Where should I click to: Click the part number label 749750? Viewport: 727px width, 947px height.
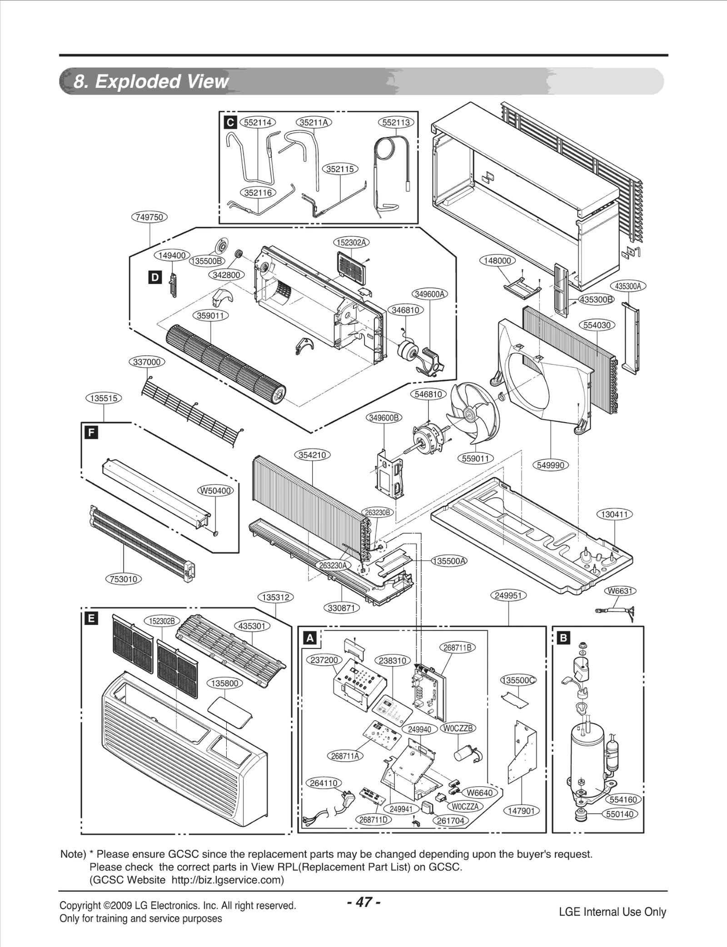coord(149,217)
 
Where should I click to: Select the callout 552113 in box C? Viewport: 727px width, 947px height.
coord(396,122)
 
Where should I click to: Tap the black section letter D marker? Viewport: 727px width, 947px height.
coord(155,277)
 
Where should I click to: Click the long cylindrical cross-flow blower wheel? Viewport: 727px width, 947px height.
coord(225,364)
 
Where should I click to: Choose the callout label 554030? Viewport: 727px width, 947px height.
coord(597,325)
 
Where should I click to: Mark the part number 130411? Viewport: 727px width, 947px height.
coord(614,514)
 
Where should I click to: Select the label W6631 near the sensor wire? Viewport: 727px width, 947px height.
coord(620,591)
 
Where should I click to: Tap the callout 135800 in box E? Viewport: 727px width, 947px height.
coord(225,683)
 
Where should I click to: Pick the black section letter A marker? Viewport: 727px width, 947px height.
coord(310,638)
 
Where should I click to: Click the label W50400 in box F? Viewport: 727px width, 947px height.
coord(215,491)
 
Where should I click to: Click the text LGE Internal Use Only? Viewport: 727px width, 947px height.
coord(612,912)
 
